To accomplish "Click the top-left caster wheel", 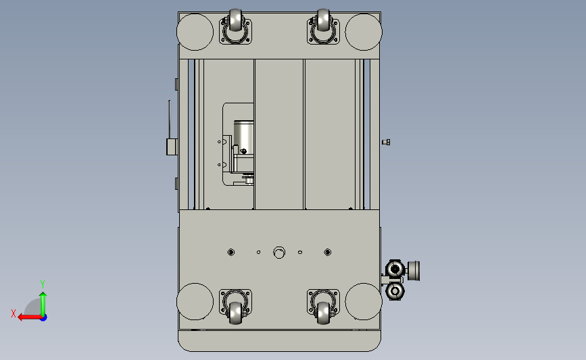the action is [235, 20].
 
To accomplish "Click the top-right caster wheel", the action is [323, 20].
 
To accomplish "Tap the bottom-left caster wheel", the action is [235, 313].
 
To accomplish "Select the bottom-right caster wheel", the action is [323, 313].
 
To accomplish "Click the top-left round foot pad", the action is [195, 32].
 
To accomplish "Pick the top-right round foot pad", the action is [364, 32].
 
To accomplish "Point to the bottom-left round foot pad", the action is [195, 302].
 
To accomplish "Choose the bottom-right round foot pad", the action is [364, 302].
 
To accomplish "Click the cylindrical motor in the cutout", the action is [244, 136].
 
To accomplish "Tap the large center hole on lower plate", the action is [279, 253].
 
